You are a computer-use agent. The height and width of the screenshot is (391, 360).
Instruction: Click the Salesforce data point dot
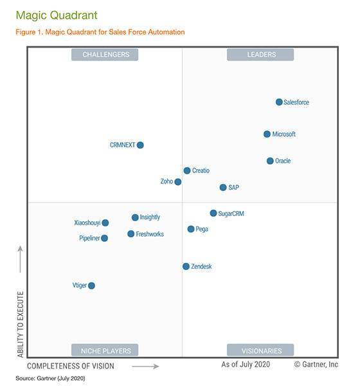279,102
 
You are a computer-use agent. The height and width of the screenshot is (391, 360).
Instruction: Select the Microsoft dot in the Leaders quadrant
267,134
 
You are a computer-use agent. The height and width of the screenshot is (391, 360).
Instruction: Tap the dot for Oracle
270,161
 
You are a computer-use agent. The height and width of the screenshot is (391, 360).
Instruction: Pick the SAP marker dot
223,187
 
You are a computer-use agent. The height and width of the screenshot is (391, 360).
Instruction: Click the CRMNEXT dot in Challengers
140,145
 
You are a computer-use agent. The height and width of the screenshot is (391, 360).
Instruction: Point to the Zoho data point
178,182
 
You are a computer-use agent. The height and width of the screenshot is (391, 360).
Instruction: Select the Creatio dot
187,170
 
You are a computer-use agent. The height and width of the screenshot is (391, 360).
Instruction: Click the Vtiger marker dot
91,286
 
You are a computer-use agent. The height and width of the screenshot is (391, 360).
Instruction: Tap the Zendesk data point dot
186,266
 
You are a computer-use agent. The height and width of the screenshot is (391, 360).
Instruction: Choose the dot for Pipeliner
104,238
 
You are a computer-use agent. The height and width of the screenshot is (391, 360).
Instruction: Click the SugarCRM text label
231,214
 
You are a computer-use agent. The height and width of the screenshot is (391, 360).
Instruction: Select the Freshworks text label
150,234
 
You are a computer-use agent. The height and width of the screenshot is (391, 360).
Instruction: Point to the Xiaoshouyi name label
87,223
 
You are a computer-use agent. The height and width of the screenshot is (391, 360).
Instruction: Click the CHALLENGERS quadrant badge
105,55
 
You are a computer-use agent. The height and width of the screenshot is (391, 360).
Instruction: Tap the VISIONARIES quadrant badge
260,350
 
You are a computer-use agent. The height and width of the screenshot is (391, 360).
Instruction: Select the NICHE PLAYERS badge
105,350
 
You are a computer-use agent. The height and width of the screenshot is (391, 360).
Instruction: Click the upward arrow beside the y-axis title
20,259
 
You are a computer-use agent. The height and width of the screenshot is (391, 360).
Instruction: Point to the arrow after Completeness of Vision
145,367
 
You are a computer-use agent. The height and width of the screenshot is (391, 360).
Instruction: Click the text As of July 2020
246,365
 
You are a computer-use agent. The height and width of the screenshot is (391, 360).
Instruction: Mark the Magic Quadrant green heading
57,15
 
